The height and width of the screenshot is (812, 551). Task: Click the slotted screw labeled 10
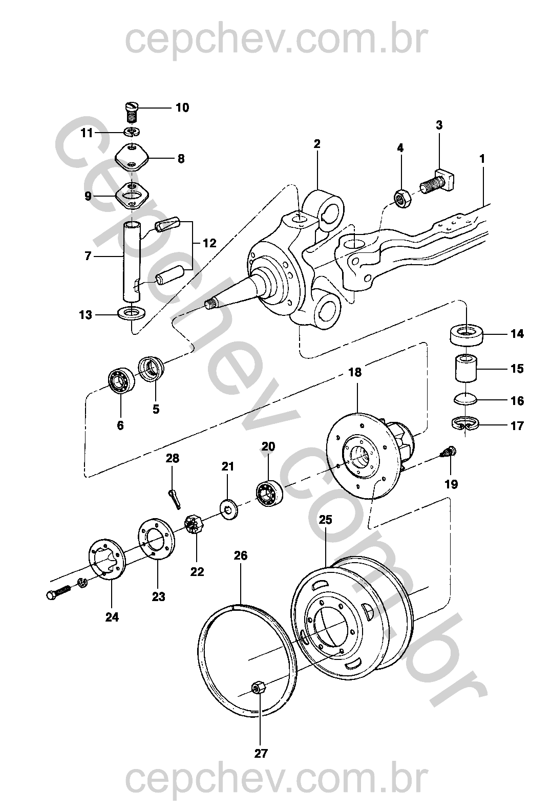(133, 113)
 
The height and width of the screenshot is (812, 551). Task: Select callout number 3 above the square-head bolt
(439, 125)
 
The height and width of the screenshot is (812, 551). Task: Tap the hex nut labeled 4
(401, 198)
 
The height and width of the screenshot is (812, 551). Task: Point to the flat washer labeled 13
(132, 312)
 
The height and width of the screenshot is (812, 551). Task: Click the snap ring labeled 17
(465, 424)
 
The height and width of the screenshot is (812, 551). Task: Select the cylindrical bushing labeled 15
(466, 368)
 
